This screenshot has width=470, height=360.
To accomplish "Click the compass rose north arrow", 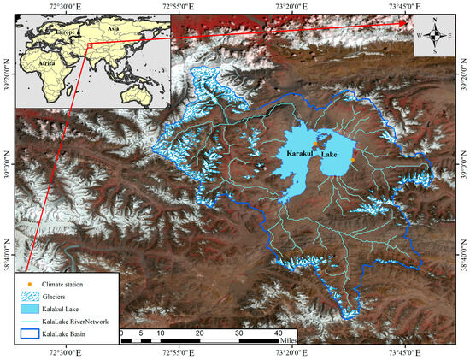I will click(436, 24).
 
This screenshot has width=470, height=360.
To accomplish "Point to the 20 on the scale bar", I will click(199, 332).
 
